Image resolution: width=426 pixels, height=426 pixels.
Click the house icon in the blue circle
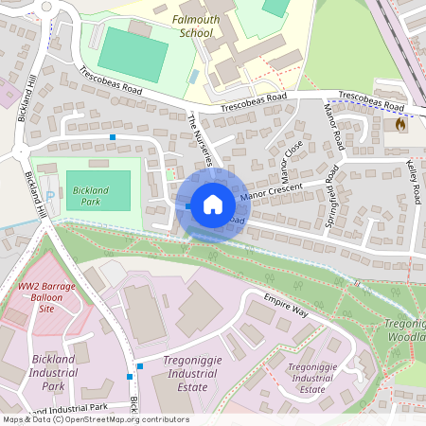pyautogui.click(x=213, y=204)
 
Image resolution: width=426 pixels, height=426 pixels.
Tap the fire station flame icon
pyautogui.click(x=400, y=124)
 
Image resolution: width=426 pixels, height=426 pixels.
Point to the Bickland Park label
pyautogui.click(x=90, y=195)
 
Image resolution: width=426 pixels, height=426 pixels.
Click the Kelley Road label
pyautogui.click(x=413, y=183)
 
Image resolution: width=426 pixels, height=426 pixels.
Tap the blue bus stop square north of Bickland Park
pyautogui.click(x=113, y=138)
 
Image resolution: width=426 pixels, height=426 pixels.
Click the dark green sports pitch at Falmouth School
pyautogui.click(x=130, y=47)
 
